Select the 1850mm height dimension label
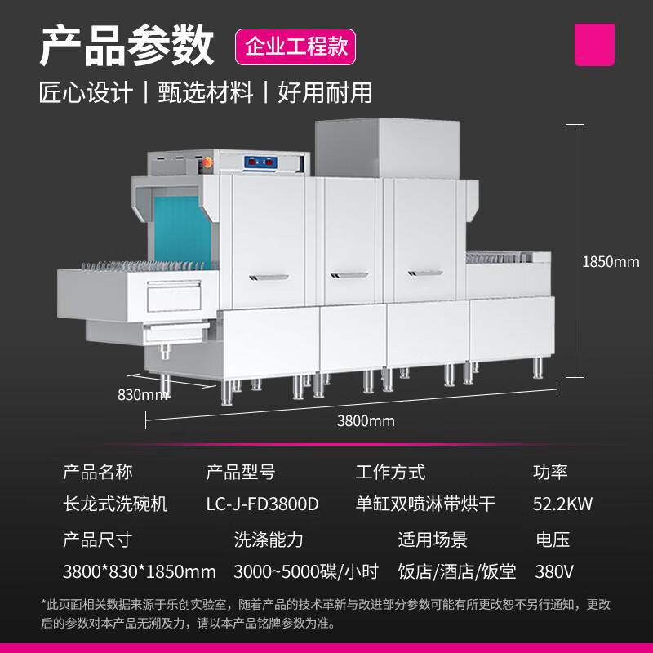pos(611,262)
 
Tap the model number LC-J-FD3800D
pos(262,504)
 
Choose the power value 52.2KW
pos(562,504)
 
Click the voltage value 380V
pos(554,571)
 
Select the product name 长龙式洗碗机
pos(115,504)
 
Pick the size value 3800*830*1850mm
pos(139,571)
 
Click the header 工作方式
pos(390,472)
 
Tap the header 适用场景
pos(433,540)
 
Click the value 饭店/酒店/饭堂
pos(456,571)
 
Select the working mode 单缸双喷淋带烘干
pos(425,504)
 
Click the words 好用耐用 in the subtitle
pos(325,92)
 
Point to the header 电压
pos(553,540)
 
